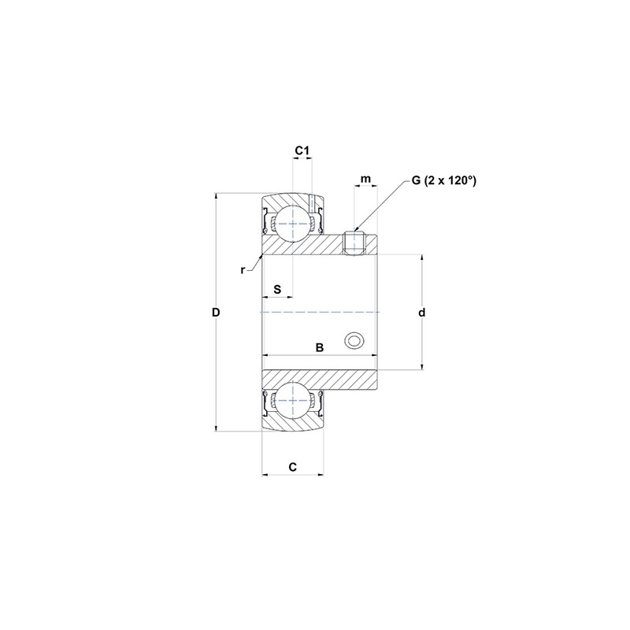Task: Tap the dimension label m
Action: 365,180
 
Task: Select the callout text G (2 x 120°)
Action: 443,180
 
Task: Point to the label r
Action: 244,270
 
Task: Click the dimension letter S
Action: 277,289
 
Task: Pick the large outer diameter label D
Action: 216,313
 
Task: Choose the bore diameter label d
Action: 422,313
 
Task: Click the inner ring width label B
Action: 319,346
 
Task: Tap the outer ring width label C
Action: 292,467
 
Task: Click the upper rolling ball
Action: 294,224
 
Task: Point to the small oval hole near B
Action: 354,340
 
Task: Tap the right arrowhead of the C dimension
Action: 321,475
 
